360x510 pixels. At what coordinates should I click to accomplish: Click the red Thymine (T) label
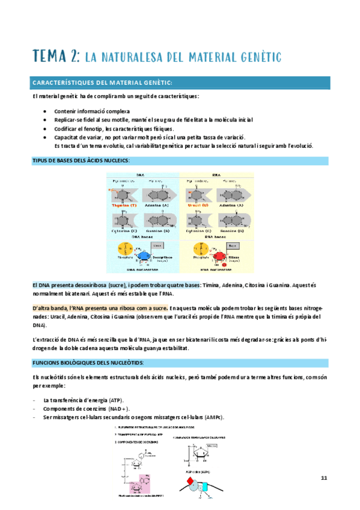click(x=124, y=205)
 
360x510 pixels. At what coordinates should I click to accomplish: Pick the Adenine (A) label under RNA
click(x=231, y=205)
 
